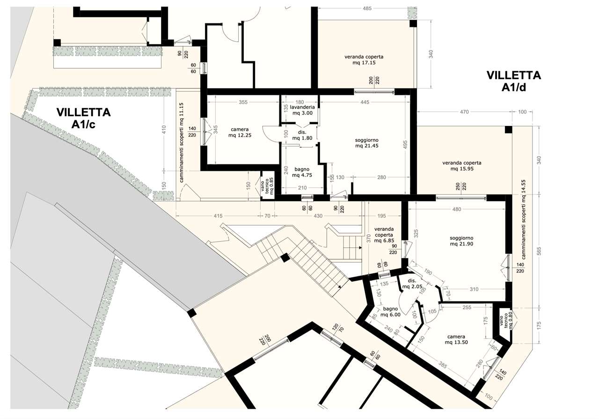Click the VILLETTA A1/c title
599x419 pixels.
(83, 118)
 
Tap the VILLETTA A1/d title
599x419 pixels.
(514, 81)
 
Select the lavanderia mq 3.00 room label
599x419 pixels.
(302, 110)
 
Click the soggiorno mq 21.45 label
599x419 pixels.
(366, 143)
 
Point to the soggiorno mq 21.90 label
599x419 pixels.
(461, 241)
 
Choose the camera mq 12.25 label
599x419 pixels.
(240, 132)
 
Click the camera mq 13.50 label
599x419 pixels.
(456, 339)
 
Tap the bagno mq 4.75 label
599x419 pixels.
(302, 172)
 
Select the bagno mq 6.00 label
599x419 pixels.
(390, 312)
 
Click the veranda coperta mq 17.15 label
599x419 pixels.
(364, 59)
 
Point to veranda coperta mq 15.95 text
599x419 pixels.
(462, 166)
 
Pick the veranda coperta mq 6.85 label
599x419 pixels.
(384, 235)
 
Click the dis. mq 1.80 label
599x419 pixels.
(302, 135)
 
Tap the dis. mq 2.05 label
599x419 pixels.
(412, 284)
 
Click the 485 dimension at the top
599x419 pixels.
(367, 8)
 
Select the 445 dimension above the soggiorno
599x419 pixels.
(365, 102)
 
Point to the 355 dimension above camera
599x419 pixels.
(243, 102)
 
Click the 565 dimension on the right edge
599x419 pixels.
(539, 251)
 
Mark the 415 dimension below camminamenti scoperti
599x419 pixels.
(218, 216)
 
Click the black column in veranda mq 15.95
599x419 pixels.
(508, 130)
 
